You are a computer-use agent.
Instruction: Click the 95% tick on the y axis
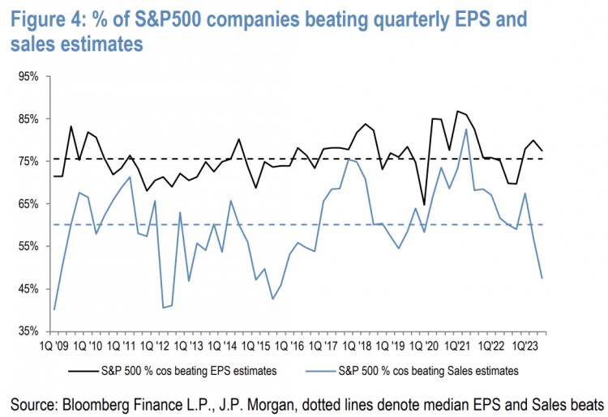coord(28,77)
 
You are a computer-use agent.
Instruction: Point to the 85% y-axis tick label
coord(28,119)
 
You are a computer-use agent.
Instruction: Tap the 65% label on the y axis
coord(28,204)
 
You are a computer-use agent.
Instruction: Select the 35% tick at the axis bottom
coord(28,331)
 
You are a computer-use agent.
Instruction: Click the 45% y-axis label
coord(28,289)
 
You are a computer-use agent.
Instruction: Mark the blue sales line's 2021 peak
coord(466,129)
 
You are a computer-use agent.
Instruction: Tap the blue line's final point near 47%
coord(542,279)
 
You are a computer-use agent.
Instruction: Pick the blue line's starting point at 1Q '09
coord(54,309)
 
